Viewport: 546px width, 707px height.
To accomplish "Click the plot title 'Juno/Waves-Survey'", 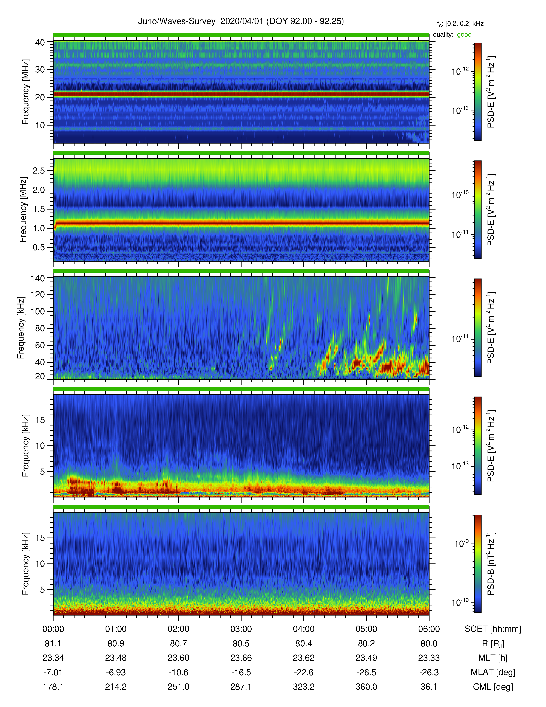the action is tap(177, 21).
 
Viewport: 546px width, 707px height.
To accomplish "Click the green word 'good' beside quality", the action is tap(464, 35).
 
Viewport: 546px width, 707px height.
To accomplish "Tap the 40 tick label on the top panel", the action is tap(40, 42).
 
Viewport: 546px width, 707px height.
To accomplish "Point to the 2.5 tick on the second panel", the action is tap(39, 171).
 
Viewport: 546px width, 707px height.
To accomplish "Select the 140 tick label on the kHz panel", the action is tap(37, 278).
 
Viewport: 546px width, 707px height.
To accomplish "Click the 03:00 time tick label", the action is tap(241, 629).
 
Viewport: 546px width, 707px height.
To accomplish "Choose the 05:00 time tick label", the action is tap(366, 629).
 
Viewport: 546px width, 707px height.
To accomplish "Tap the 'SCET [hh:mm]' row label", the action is tap(493, 629).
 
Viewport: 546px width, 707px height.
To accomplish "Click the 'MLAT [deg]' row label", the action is tap(493, 672).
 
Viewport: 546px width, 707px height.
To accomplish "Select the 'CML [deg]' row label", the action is tap(493, 687).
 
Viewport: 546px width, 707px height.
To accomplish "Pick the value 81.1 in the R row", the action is tap(53, 644).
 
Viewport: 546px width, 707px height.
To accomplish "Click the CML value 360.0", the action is tap(366, 687).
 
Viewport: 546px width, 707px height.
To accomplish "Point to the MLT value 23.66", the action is tap(241, 658).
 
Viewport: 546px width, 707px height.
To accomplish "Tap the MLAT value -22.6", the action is tap(303, 672).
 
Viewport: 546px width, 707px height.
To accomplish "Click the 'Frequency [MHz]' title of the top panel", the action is tap(25, 92).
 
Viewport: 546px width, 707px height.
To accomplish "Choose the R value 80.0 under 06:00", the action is tap(429, 644).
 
